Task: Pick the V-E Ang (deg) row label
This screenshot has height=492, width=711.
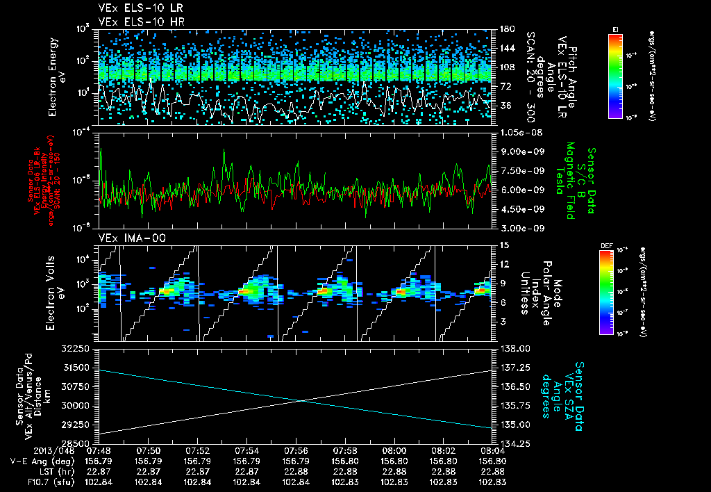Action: point(35,460)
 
